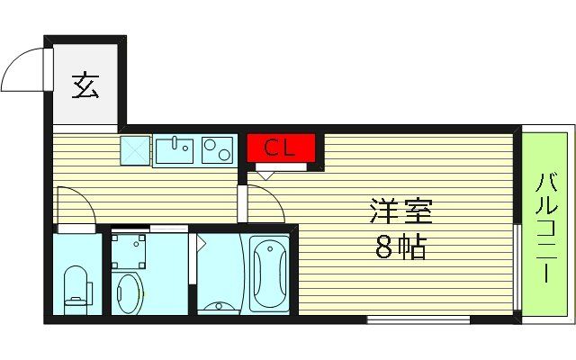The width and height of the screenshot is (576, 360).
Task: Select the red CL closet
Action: click(x=281, y=148)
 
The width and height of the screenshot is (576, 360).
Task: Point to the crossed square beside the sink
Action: click(x=135, y=150)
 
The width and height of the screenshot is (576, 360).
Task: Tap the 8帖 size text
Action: click(x=400, y=246)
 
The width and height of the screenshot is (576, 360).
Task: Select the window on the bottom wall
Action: click(x=418, y=319)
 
